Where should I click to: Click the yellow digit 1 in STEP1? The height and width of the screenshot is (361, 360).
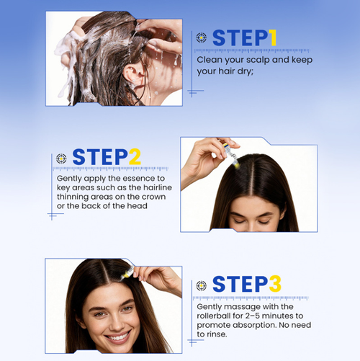pyautogui.click(x=272, y=37)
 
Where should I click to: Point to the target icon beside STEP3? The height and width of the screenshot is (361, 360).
pyautogui.click(x=201, y=285)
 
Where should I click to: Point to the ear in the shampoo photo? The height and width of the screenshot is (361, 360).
pyautogui.click(x=132, y=72)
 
